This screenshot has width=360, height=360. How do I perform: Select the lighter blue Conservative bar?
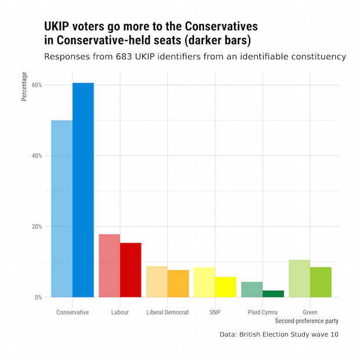click(x=62, y=208)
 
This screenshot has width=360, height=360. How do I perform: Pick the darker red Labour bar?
click(x=131, y=270)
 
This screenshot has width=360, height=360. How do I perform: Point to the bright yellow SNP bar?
click(x=226, y=287)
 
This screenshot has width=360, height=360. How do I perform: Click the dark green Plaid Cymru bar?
click(x=273, y=294)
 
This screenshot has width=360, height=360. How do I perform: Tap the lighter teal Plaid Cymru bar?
click(x=252, y=289)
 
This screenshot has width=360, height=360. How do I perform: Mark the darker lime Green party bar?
click(x=321, y=282)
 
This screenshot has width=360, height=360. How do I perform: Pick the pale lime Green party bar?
click(x=300, y=279)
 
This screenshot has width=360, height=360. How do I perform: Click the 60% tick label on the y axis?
click(x=37, y=85)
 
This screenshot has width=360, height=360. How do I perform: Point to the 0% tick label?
click(x=38, y=297)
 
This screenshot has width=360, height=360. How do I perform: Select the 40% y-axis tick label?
click(x=37, y=156)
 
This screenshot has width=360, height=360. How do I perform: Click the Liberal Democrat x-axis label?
click(x=168, y=312)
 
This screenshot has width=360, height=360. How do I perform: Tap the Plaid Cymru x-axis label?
click(x=262, y=312)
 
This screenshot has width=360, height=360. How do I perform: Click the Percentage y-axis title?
click(x=24, y=87)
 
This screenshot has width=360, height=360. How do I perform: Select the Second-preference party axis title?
click(x=307, y=321)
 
